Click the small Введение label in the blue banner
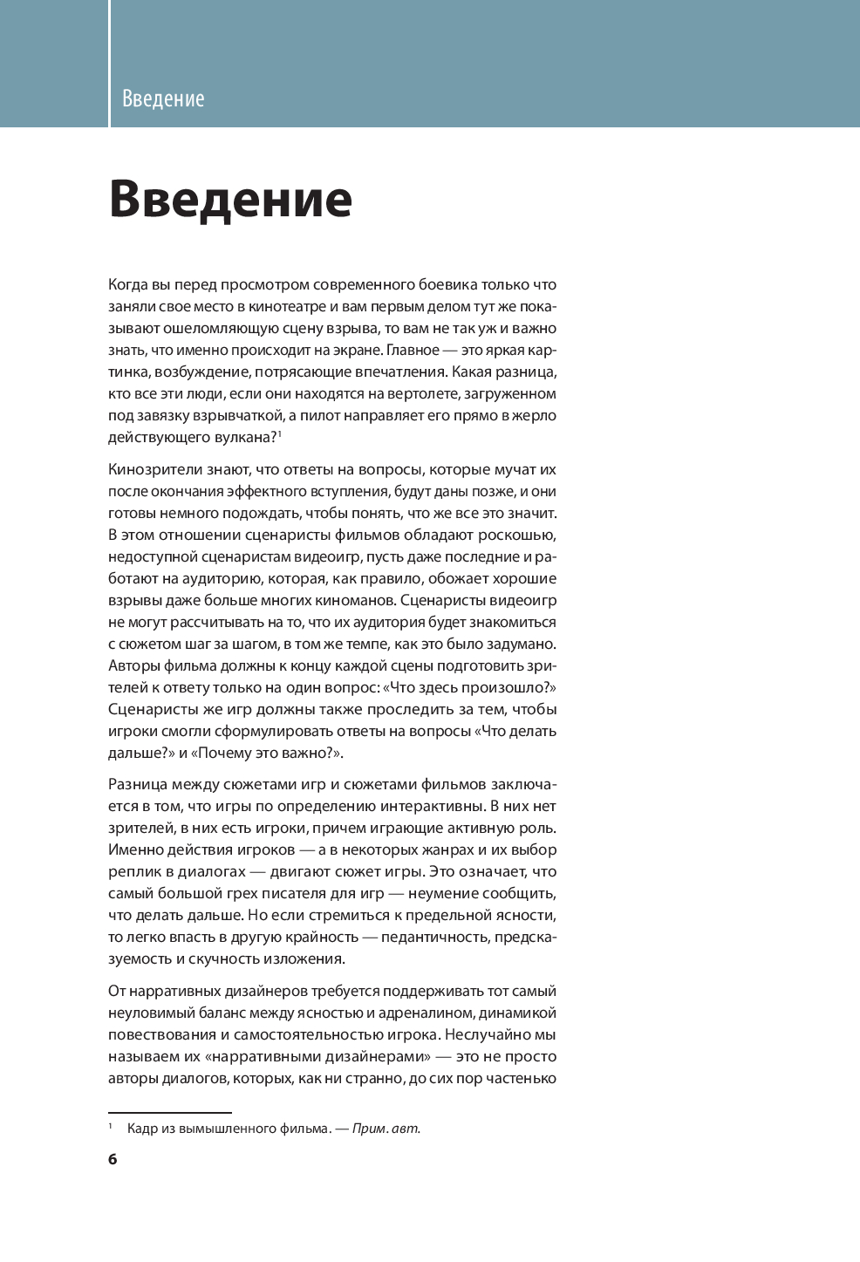coord(163,99)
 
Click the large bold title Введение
coord(230,199)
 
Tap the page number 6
coord(113,1159)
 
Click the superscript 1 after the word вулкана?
coord(279,433)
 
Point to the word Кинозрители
coord(153,470)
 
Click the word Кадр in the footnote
coord(142,1129)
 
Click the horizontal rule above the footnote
coord(170,1113)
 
